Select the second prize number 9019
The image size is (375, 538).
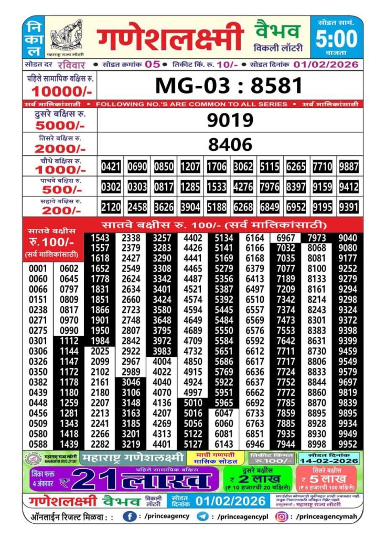coord(230,120)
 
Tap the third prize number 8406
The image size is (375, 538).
coord(230,144)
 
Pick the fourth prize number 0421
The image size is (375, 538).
coord(111,167)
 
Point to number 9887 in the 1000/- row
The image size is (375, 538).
coord(349,167)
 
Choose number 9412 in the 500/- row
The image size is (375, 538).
coord(349,187)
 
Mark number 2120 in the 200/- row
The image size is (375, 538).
coord(111,206)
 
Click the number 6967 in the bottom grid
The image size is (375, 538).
coord(285,238)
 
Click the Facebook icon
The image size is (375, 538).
coord(130,516)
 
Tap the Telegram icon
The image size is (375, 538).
coord(202,516)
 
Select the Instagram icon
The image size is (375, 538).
coord(282,516)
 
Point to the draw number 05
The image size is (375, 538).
coord(153,64)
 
